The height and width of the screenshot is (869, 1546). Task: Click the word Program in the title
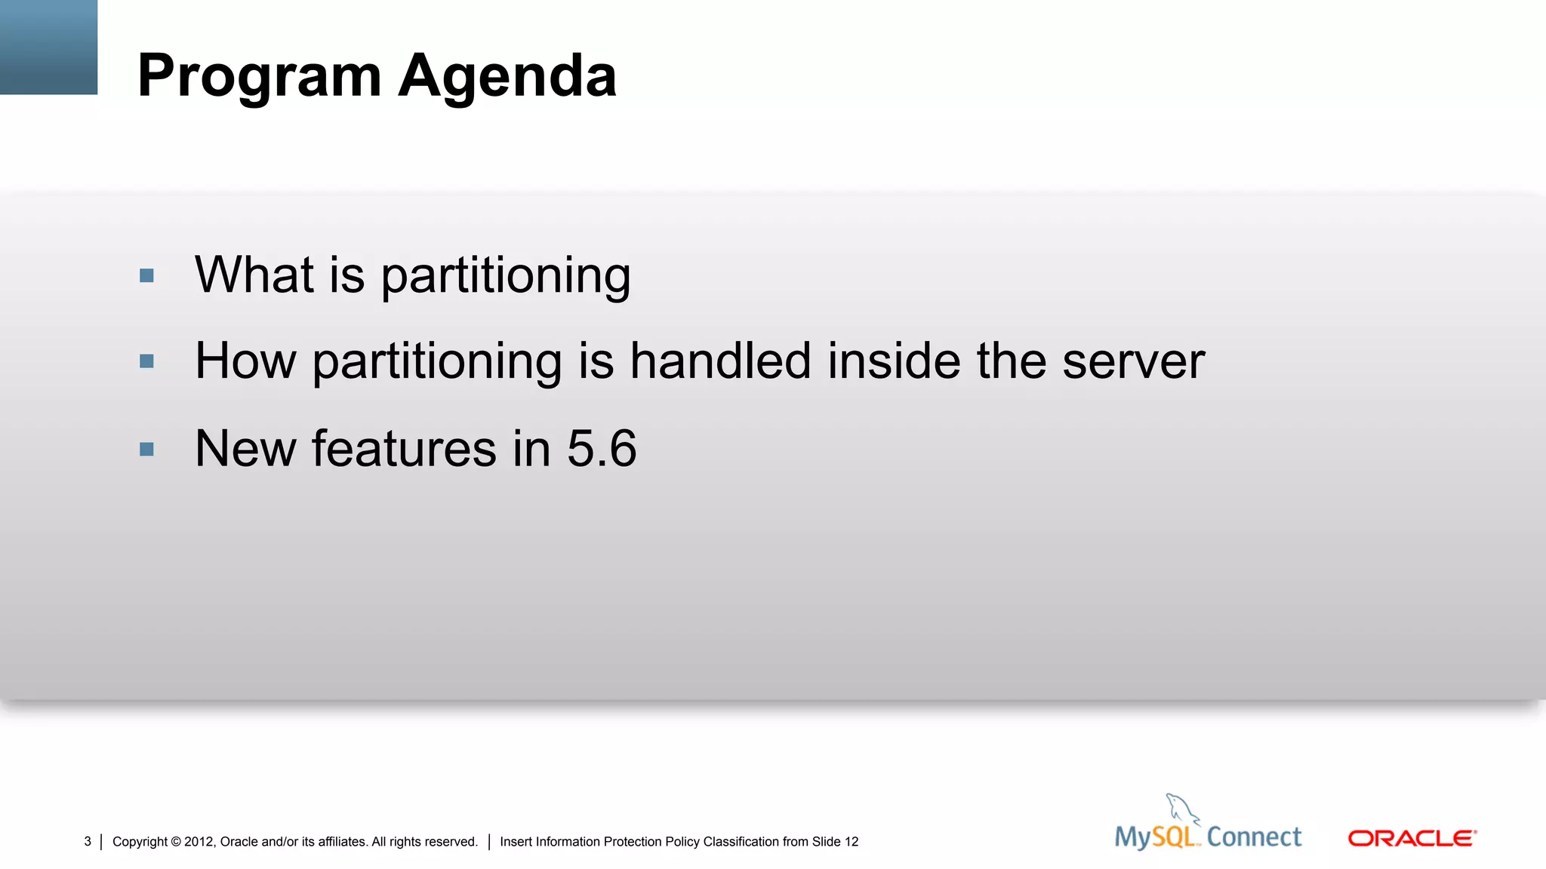point(259,77)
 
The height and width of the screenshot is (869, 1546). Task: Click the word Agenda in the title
point(507,77)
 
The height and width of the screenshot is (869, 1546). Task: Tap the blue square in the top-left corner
point(48,47)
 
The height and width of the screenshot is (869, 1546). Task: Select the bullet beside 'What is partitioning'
point(146,275)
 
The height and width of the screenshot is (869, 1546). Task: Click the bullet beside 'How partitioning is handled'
point(146,361)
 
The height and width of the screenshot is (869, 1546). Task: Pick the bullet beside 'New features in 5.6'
point(146,450)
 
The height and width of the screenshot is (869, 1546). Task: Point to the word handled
point(720,361)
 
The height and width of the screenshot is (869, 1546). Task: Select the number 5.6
point(602,449)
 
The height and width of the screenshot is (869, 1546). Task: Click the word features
point(404,449)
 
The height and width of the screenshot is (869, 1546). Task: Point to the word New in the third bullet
point(245,449)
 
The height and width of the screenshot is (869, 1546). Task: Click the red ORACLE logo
point(1412,838)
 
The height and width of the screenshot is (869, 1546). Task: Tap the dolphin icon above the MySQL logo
point(1181,809)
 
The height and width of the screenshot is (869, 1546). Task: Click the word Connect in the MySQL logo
point(1254,837)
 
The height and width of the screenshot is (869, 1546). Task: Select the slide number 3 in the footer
point(88,841)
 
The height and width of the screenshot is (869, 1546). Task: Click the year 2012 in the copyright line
point(199,842)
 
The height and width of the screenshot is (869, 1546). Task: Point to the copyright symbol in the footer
point(176,842)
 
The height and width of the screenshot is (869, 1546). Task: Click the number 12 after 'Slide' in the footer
point(851,842)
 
